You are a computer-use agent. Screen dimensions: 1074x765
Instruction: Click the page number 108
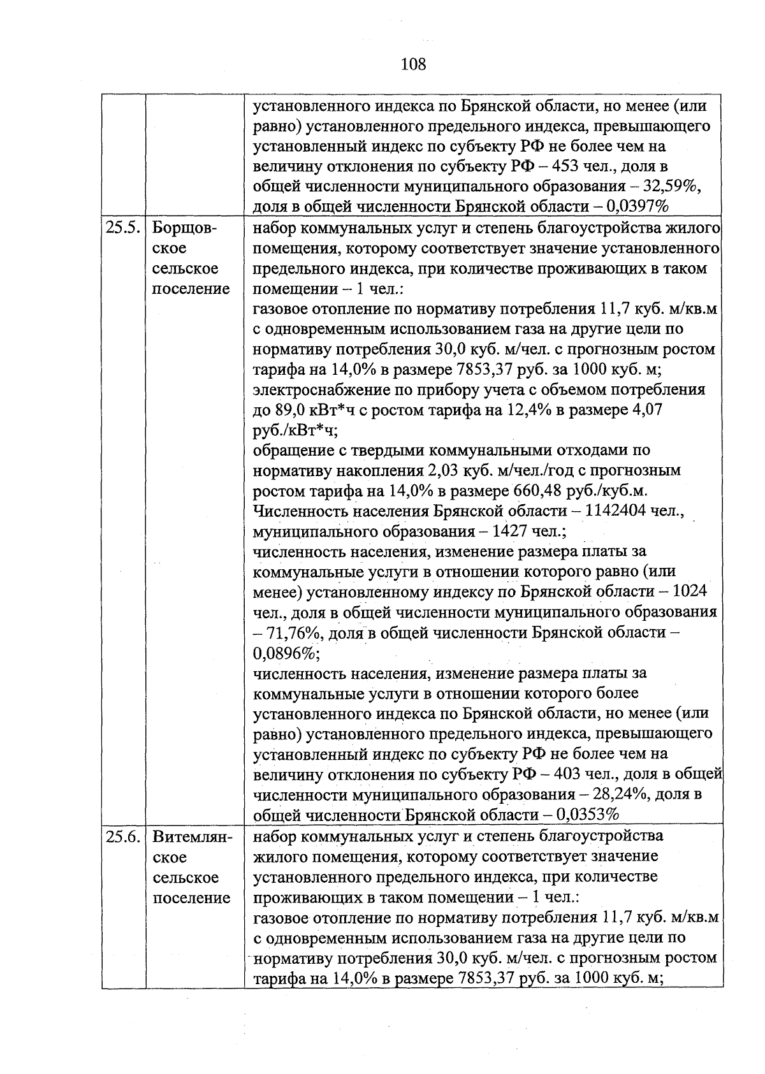[x=414, y=64]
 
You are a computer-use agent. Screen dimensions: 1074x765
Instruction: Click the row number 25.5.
[x=122, y=228]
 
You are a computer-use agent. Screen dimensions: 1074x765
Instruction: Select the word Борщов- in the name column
[x=184, y=228]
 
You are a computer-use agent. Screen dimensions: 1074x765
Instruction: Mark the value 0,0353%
[x=588, y=815]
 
